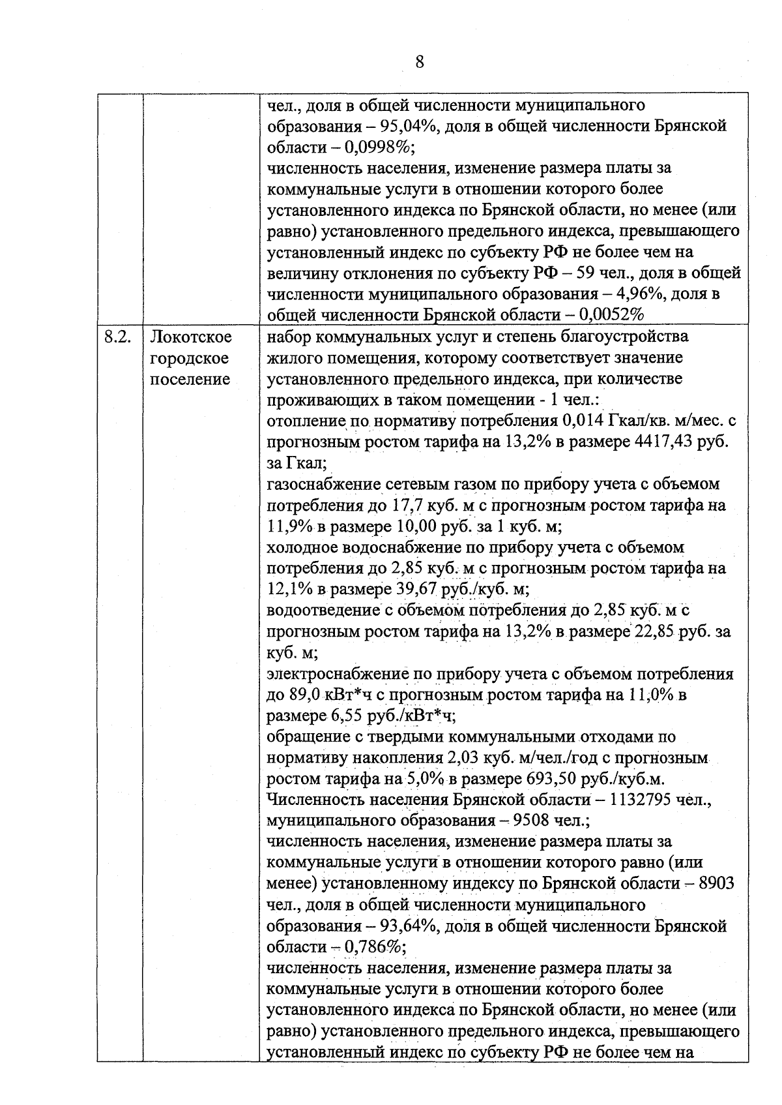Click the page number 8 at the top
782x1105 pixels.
tap(419, 62)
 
